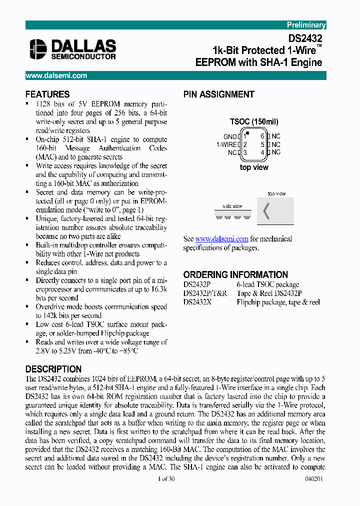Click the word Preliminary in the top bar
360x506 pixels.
pos(306,25)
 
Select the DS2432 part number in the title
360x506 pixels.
pos(305,38)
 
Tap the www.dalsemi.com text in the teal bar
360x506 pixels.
pos(56,75)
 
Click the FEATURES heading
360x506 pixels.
pos(47,94)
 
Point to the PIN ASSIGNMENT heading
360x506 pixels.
pos(218,94)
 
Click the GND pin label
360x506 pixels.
pos(230,136)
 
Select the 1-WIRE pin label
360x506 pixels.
pos(226,144)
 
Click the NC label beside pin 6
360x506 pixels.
pos(276,136)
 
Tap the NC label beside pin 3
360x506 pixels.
pos(232,152)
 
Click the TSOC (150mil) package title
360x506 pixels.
pos(254,121)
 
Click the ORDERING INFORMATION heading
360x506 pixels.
pos(235,274)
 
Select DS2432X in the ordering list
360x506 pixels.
pos(199,302)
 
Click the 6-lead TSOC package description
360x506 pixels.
pos(268,284)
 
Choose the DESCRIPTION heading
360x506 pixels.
pos(53,369)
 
